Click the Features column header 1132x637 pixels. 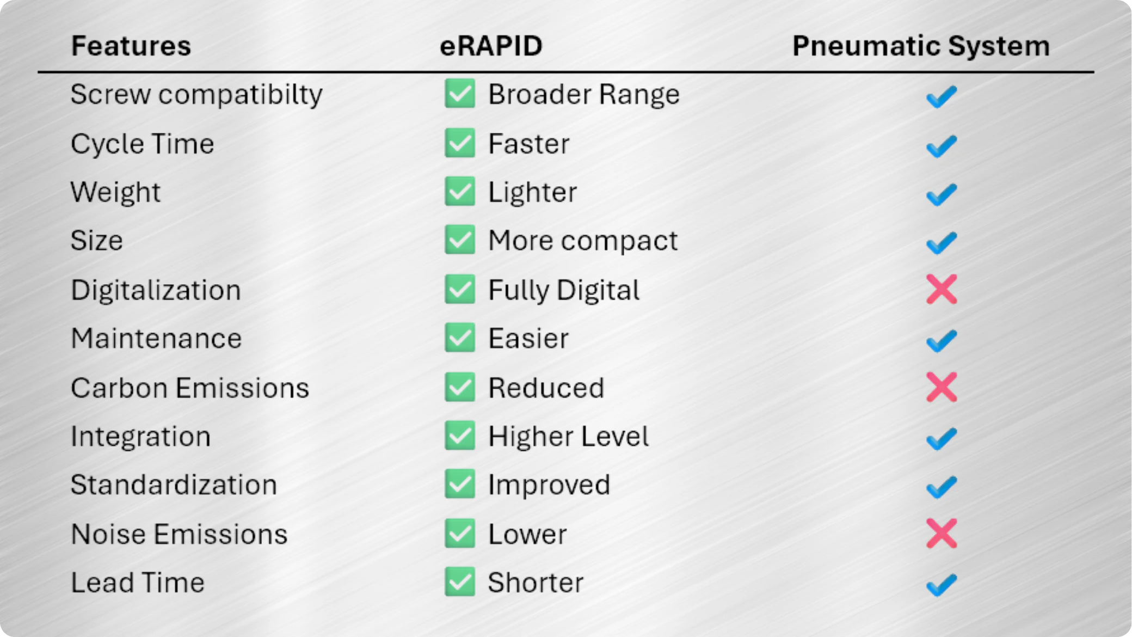click(131, 46)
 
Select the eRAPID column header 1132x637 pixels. click(491, 46)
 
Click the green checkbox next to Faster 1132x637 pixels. click(460, 143)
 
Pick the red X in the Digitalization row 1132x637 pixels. click(942, 289)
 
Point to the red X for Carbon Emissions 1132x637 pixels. click(942, 387)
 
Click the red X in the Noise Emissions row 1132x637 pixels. click(942, 533)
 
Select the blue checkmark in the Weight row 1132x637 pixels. click(942, 194)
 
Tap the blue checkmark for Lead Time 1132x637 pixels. click(942, 585)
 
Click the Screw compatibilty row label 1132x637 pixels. click(196, 95)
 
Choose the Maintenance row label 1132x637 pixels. click(156, 338)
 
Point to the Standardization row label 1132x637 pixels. click(174, 485)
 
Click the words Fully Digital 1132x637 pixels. click(564, 290)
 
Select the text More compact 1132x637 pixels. click(583, 241)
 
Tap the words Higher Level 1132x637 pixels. click(568, 436)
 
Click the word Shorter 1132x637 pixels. click(536, 583)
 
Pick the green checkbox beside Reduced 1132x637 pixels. click(460, 387)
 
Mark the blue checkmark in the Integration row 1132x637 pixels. click(942, 439)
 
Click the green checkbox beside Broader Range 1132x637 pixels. click(460, 93)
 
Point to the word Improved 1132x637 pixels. click(549, 485)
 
